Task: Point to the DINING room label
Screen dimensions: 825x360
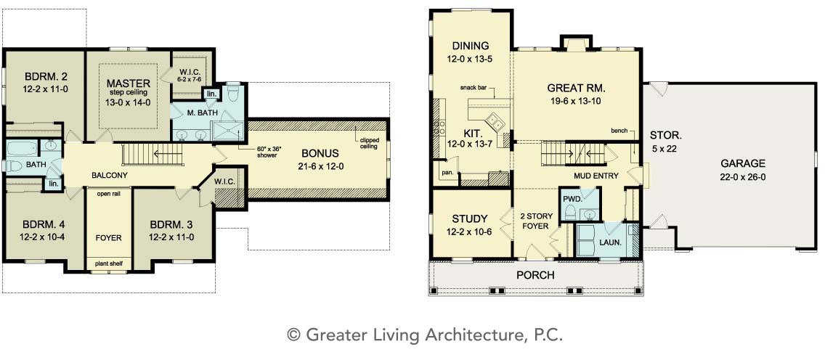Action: point(470,46)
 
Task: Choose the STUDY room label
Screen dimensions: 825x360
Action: point(469,218)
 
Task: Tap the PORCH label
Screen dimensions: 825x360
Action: point(535,275)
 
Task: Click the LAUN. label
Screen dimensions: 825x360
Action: point(610,243)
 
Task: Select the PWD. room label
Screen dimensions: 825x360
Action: point(572,200)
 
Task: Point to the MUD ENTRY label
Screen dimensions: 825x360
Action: point(596,176)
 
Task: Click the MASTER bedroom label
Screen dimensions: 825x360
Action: point(129,83)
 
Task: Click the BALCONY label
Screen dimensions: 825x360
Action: point(109,175)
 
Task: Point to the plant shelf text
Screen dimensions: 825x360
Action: point(110,263)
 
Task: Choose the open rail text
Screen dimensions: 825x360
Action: point(110,193)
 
